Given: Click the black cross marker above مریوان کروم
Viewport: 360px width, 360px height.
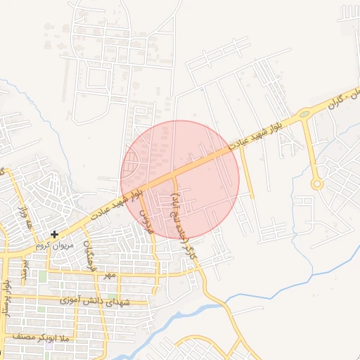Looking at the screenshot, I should [x=54, y=233].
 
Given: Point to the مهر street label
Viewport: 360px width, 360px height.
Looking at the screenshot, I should [x=109, y=274].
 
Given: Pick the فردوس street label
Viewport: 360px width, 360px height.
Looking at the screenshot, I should [x=145, y=221].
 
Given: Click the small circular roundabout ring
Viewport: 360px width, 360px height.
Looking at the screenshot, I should [x=317, y=184].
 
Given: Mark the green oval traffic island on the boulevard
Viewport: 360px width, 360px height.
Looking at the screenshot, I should [x=304, y=113].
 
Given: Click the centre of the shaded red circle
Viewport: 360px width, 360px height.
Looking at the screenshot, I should [x=180, y=179].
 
